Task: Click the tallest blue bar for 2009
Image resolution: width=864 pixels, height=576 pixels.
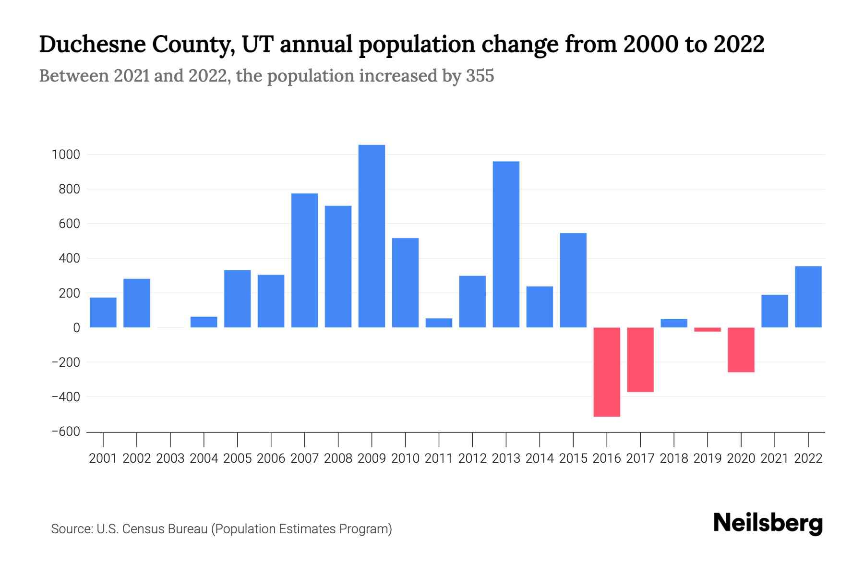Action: click(372, 236)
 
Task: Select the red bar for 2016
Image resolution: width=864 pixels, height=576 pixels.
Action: click(607, 372)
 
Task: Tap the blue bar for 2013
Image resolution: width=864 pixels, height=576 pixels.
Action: click(506, 244)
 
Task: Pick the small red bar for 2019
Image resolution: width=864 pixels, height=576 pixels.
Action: click(708, 330)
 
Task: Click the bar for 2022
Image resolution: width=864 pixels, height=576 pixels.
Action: click(808, 297)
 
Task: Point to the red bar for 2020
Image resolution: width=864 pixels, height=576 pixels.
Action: click(741, 350)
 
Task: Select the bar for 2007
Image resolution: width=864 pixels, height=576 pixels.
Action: click(304, 260)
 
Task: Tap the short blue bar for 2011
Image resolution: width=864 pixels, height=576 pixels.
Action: click(439, 323)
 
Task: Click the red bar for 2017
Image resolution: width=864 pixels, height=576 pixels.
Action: click(640, 360)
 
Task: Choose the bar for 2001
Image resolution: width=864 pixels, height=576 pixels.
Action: click(103, 312)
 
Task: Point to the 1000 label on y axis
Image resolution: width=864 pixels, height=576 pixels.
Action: click(66, 155)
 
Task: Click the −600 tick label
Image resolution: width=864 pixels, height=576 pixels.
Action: click(66, 432)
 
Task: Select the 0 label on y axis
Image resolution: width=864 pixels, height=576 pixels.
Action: click(76, 328)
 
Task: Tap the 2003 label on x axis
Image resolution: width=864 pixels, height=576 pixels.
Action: click(170, 458)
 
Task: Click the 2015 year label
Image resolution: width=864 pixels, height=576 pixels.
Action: click(573, 458)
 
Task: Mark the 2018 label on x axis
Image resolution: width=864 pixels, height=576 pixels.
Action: click(674, 458)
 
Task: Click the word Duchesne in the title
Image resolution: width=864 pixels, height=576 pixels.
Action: click(91, 44)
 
